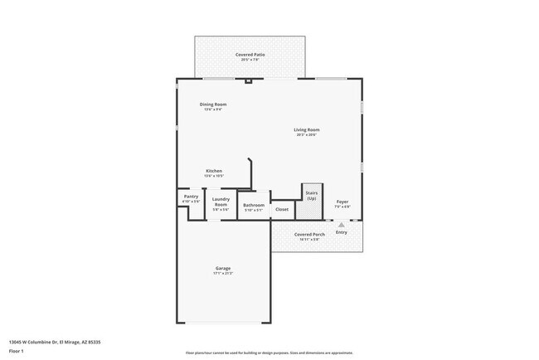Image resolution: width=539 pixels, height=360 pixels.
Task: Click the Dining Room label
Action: coord(212,104)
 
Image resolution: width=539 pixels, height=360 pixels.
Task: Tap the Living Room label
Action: coord(307,129)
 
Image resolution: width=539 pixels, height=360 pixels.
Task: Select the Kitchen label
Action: coord(214,171)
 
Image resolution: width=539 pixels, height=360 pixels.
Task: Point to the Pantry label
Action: coord(191,197)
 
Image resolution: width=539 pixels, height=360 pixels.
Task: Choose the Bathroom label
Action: coord(254,205)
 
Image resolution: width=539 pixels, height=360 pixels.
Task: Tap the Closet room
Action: coord(282,210)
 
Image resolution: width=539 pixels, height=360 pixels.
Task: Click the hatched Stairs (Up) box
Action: coord(312,202)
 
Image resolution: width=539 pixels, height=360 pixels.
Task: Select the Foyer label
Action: coord(342,202)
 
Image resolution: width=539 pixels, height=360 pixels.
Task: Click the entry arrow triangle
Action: coord(340,224)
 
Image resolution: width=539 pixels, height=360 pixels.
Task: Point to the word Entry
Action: coord(342,232)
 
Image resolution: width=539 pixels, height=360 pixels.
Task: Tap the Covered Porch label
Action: coord(308,235)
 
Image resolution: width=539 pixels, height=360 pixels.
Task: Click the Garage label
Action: coord(223,268)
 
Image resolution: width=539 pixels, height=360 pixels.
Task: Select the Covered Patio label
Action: coord(250,54)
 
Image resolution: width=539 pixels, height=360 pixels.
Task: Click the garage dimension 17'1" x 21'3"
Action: coord(223,274)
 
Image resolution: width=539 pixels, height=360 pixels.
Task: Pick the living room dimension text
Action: coord(307,134)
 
